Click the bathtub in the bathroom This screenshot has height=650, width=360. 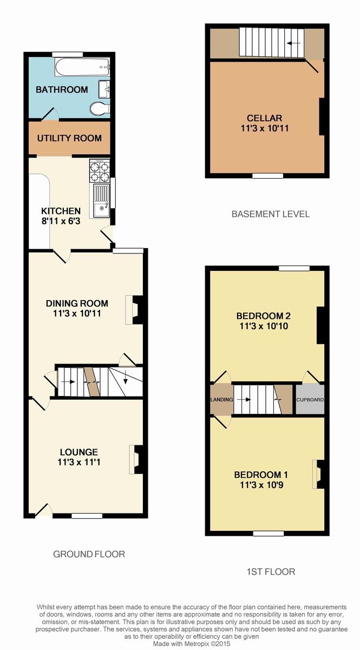coord(82,68)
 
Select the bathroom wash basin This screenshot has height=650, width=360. coord(104,89)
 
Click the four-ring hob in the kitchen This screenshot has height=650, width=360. coord(100,172)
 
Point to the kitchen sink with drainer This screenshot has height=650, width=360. coord(101,200)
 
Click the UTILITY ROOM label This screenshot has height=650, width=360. coord(69,138)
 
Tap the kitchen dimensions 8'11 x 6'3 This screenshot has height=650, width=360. coord(61,221)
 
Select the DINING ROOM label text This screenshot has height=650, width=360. coord(77,303)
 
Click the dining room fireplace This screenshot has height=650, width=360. coord(134,310)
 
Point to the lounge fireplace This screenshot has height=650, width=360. coord(136,460)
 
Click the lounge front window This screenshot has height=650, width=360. coord(87,516)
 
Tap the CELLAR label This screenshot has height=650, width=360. coord(264,118)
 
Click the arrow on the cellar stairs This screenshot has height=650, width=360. coord(293,43)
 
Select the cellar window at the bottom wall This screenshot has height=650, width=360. coord(267,175)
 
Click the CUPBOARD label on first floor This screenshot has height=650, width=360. coord(310,400)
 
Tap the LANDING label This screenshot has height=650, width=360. coord(221,400)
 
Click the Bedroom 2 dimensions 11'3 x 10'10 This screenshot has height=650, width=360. coord(264,326)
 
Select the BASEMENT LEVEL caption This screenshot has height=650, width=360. coord(270,214)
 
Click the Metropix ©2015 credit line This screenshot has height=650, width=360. coord(192,643)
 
